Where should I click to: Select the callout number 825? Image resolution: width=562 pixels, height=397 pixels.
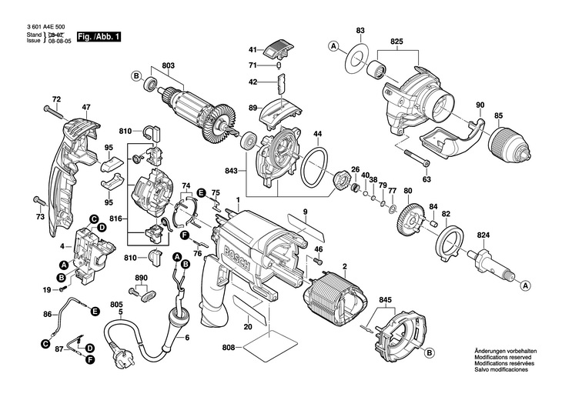396,40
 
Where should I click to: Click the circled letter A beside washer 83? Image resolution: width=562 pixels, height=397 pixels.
334,46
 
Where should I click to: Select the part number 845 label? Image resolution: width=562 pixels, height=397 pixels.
386,299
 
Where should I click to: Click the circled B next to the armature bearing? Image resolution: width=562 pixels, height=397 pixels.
135,75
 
